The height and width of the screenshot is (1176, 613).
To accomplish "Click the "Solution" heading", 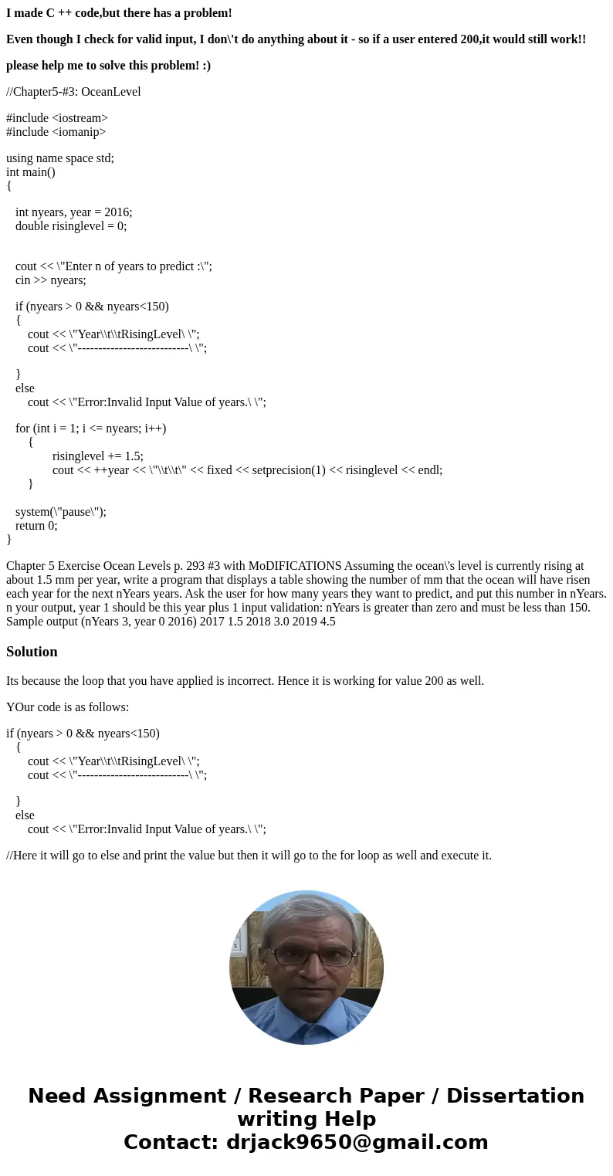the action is click(x=32, y=652).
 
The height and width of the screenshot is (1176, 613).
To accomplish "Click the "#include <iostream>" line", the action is click(x=57, y=118).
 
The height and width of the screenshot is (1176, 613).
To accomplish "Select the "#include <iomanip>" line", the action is click(x=56, y=132).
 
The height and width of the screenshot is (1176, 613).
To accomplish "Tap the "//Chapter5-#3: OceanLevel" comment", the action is click(x=73, y=92).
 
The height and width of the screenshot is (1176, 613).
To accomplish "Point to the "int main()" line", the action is click(x=31, y=172).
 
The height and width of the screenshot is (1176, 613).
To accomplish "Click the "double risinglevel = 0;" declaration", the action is click(x=71, y=226).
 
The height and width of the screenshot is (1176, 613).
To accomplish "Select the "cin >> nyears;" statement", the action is click(x=51, y=280).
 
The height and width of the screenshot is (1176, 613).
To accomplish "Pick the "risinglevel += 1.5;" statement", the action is click(x=98, y=456).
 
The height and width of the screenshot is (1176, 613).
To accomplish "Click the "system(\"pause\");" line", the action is click(x=61, y=511).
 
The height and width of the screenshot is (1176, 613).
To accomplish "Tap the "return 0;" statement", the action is click(x=36, y=526).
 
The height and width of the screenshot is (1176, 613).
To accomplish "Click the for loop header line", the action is click(x=91, y=429).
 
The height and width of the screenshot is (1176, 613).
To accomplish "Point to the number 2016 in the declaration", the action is click(x=117, y=212).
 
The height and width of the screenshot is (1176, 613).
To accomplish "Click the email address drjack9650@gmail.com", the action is click(x=357, y=1142).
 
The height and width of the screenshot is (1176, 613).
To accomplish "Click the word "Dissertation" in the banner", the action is click(x=515, y=1096).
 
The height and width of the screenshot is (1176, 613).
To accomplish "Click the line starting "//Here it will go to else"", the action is click(x=249, y=856).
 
